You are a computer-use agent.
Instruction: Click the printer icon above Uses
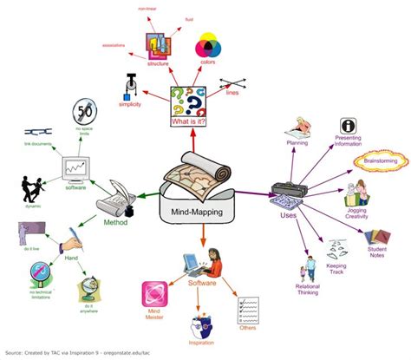[287, 190]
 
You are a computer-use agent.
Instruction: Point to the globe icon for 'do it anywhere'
[88, 288]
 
